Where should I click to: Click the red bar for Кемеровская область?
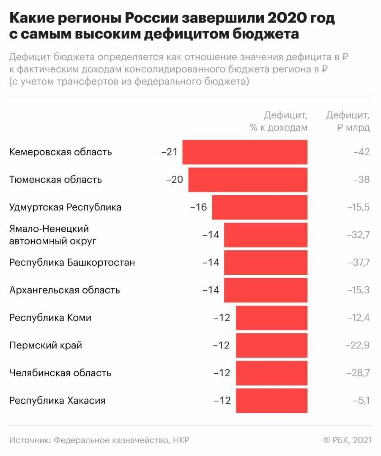coord(245,152)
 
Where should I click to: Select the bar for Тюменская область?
coord(248,179)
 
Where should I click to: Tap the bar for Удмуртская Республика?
coord(260,207)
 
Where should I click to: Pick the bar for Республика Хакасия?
coord(271,400)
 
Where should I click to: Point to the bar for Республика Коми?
coord(271,318)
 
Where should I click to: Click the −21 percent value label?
coord(170,152)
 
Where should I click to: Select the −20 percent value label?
coord(175,179)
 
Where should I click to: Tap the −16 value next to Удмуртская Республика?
coord(199,207)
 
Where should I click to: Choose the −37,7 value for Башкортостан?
coord(359,262)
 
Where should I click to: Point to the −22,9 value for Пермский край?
coord(359,345)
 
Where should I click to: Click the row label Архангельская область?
coord(65,290)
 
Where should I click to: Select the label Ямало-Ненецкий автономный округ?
coord(53,235)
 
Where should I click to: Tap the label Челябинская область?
coord(60,373)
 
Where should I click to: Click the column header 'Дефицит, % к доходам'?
coord(280,121)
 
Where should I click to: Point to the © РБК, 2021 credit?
coord(347,440)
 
